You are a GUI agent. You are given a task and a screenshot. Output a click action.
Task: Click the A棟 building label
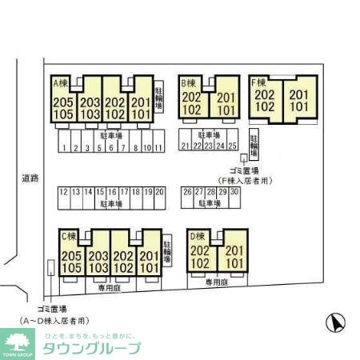pyautogui.click(x=61, y=82)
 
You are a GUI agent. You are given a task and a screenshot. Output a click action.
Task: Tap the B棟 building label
pyautogui.click(x=189, y=82)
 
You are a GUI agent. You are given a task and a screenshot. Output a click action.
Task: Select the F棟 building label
pyautogui.click(x=258, y=82)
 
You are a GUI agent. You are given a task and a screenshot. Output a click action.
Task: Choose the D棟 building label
pyautogui.click(x=197, y=236)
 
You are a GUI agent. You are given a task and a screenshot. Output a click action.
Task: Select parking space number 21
pyautogui.click(x=185, y=146)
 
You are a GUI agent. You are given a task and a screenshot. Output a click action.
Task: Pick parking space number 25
pyautogui.click(x=232, y=146)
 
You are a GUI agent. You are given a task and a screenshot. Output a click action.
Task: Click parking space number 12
pyautogui.click(x=64, y=192)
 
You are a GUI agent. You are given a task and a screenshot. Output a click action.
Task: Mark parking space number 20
pyautogui.click(x=159, y=192)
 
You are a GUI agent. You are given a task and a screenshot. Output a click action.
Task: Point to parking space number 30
pyautogui.click(x=234, y=192)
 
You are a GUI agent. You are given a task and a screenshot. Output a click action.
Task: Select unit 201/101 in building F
pyautogui.click(x=299, y=100)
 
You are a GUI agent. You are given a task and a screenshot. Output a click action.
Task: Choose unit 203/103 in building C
pyautogui.click(x=98, y=262)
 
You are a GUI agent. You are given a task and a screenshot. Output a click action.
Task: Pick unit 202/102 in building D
pyautogui.click(x=201, y=257)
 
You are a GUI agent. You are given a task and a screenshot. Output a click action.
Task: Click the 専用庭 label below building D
pyautogui.click(x=216, y=283)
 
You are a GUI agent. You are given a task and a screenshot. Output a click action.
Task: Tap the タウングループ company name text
pyautogui.click(x=90, y=348)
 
